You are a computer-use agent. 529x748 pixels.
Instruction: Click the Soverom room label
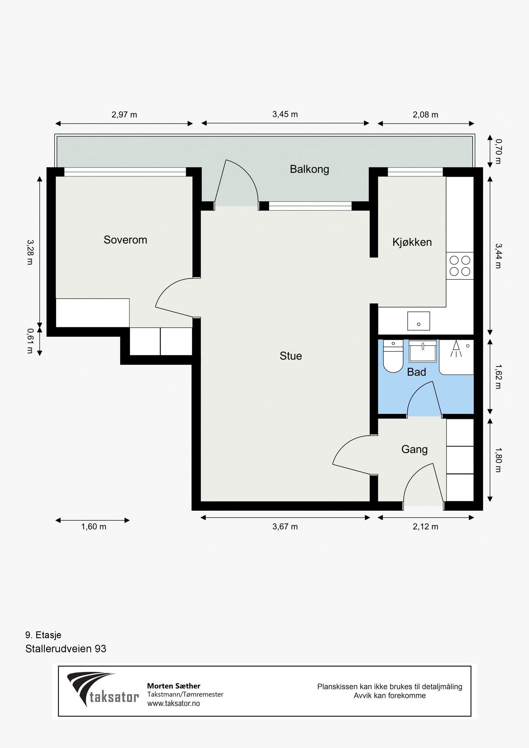(125, 240)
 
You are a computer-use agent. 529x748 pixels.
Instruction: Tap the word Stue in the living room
(291, 356)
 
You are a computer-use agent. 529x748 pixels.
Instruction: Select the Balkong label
(309, 169)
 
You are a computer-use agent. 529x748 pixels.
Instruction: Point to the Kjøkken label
(412, 242)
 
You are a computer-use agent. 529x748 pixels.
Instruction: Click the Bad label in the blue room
(416, 372)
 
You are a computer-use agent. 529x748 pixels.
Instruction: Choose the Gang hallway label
(414, 449)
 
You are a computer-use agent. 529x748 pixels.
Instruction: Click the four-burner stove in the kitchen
(460, 266)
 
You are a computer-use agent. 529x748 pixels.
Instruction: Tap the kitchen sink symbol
(419, 321)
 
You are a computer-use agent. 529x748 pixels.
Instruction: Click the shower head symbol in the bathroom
(456, 349)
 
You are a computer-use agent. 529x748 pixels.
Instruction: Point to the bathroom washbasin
(423, 351)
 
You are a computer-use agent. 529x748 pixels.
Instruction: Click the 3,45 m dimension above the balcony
(285, 114)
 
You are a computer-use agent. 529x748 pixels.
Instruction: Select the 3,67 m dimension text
(285, 527)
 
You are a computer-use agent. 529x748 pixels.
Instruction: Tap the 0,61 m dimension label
(30, 341)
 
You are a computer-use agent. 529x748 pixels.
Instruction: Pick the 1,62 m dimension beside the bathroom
(498, 376)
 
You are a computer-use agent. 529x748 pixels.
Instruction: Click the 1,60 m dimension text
(94, 527)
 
